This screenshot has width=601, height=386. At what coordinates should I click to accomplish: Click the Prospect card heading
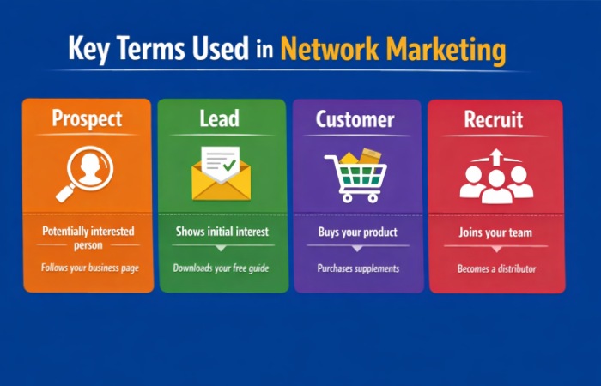[x=87, y=118]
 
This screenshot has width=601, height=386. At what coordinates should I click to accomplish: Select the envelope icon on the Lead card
[x=220, y=173]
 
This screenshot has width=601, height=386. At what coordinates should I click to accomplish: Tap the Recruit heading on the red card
[x=495, y=118]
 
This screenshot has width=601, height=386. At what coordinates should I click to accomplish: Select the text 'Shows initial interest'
[x=222, y=232]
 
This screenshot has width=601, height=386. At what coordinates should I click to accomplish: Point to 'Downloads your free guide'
[x=221, y=268]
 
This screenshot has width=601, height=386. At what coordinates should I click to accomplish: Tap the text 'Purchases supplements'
[x=358, y=268]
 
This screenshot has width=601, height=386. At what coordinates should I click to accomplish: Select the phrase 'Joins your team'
[x=496, y=232]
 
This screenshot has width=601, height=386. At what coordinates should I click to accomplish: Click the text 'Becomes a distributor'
[x=496, y=268]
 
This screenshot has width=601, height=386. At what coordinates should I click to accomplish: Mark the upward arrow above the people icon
[x=496, y=155]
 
